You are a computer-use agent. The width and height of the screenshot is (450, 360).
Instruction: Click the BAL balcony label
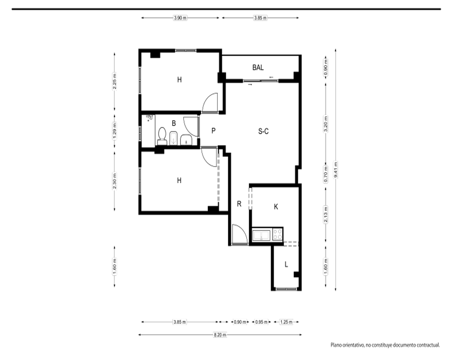(x=258, y=67)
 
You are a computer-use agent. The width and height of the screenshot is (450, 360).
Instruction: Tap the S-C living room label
(x=263, y=131)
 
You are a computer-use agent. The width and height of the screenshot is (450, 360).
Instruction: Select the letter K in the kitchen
(x=276, y=207)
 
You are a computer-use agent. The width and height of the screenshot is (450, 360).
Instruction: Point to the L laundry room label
(x=286, y=265)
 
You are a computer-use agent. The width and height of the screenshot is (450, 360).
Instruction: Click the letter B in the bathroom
(x=174, y=123)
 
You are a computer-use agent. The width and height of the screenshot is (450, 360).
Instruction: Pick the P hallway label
(x=213, y=131)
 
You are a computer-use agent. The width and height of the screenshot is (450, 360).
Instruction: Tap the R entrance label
(x=239, y=204)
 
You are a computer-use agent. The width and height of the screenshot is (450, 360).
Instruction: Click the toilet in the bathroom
(x=162, y=136)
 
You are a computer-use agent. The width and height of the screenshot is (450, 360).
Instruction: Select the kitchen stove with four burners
(x=277, y=234)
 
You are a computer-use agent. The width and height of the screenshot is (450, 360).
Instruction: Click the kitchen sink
(x=261, y=235)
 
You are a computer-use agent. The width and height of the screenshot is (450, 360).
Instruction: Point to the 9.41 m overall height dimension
(x=336, y=170)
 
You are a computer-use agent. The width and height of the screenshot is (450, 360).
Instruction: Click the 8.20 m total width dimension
(x=220, y=335)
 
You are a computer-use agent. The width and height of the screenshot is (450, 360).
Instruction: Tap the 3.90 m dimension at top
(x=180, y=18)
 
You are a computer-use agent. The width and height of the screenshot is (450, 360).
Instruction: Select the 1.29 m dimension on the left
(x=114, y=131)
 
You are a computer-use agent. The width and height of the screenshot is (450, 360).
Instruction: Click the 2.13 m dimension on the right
(x=325, y=215)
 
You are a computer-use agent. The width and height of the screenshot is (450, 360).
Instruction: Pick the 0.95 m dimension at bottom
(x=261, y=322)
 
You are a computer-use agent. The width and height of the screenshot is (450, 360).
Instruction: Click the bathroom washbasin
(x=186, y=139)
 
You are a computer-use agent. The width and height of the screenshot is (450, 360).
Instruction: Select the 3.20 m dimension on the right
(x=325, y=124)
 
